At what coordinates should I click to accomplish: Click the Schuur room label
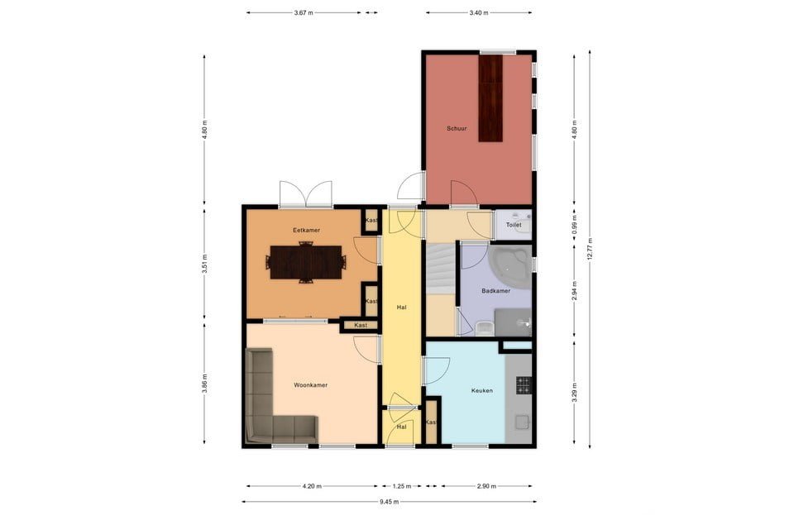(x=457, y=128)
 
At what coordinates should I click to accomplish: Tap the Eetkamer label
(x=306, y=230)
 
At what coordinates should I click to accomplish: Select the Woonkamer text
(x=310, y=385)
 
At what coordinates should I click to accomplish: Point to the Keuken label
(x=481, y=390)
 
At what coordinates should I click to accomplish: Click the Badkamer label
(x=495, y=291)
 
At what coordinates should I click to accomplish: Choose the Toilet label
(x=514, y=225)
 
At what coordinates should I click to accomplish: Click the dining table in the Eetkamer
(x=306, y=262)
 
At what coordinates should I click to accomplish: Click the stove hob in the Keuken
(x=524, y=385)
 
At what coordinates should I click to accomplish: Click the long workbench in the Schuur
(x=490, y=98)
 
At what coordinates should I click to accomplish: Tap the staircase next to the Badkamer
(x=441, y=269)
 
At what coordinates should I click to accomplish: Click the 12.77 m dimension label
(x=590, y=249)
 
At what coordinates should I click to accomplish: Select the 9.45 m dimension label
(x=389, y=502)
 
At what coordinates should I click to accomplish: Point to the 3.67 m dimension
(x=304, y=12)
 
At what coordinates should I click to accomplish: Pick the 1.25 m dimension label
(x=402, y=486)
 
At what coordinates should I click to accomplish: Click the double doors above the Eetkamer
(x=306, y=195)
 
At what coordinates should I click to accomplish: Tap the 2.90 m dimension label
(x=486, y=486)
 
